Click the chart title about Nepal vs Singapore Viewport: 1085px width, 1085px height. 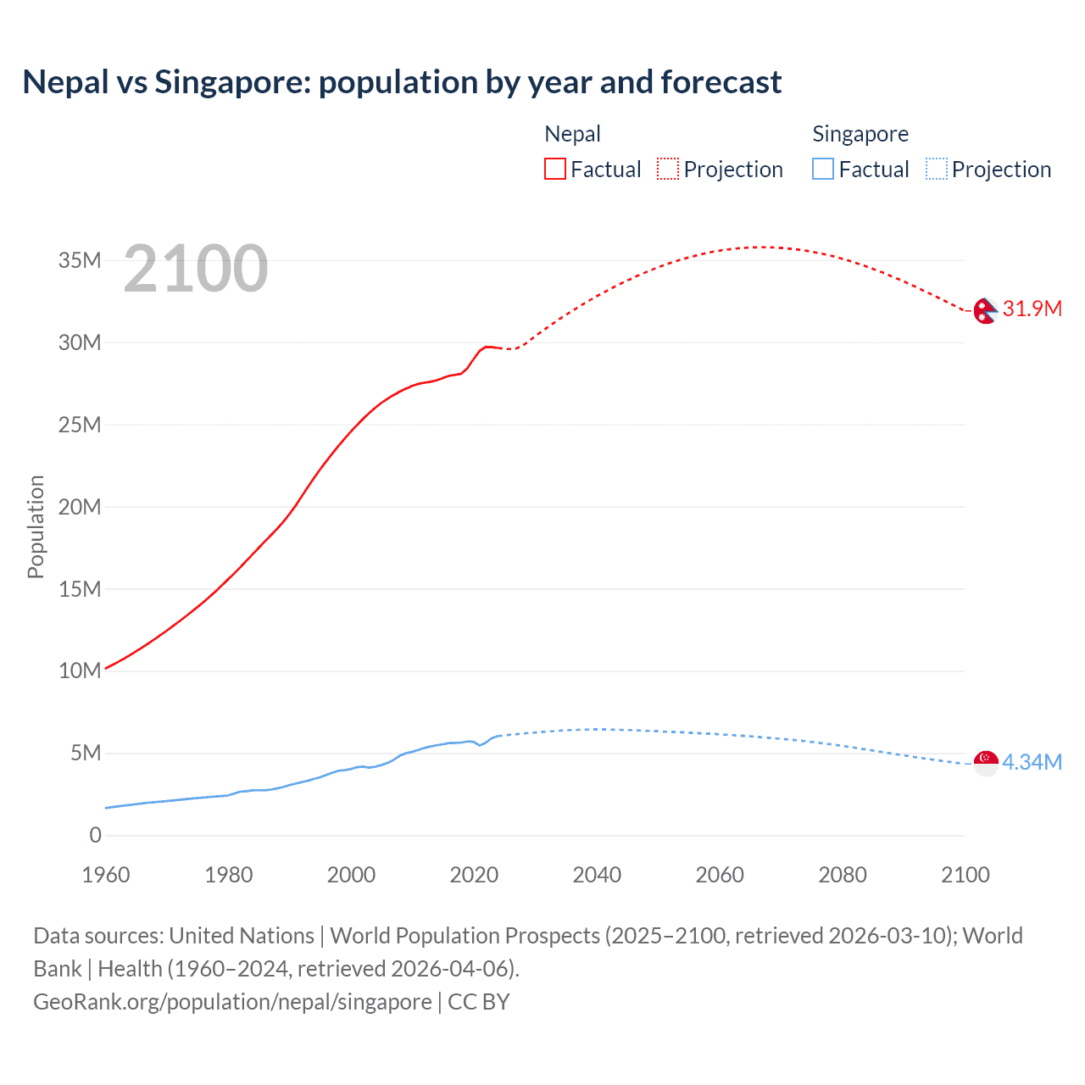tap(402, 82)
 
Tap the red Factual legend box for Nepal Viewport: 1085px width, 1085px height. tap(554, 169)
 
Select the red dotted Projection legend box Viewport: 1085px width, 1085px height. tap(668, 169)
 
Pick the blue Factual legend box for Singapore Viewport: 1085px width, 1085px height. tap(823, 169)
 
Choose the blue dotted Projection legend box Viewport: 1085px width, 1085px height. tap(937, 169)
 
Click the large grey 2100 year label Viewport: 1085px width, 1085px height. tap(196, 269)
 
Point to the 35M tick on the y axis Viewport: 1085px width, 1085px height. tap(80, 260)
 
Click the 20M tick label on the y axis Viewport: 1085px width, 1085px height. tap(80, 507)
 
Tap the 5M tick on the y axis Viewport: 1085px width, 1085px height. tap(86, 753)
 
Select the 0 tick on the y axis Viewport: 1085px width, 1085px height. tap(95, 835)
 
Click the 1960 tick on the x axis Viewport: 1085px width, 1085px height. tap(106, 875)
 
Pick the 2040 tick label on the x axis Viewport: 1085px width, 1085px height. tap(597, 875)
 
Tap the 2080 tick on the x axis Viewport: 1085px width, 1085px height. tap(843, 875)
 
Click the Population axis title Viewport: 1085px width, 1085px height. tap(36, 526)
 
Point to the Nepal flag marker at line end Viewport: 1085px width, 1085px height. tap(985, 310)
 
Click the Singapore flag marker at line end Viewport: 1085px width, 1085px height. tap(986, 762)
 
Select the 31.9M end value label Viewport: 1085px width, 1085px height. tap(1032, 309)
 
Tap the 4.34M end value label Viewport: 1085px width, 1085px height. tap(1032, 762)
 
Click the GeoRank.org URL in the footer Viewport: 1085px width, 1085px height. tap(232, 1002)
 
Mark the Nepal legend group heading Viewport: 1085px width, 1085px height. tap(572, 134)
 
